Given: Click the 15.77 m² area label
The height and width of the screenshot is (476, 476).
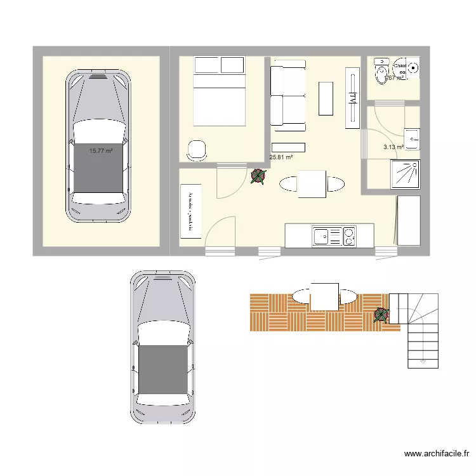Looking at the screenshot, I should tap(101, 151).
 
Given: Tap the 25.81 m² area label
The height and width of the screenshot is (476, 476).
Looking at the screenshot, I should tap(281, 157).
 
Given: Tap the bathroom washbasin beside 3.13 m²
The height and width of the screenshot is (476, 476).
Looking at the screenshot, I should tap(412, 137).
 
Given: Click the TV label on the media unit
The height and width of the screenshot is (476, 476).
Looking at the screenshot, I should tap(352, 98).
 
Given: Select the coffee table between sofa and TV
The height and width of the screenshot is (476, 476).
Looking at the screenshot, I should tap(326, 98).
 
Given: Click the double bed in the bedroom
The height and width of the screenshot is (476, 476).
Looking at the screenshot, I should tap(219, 98).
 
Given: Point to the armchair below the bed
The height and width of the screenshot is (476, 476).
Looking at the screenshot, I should tap(197, 149).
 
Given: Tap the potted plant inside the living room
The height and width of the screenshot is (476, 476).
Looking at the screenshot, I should tap(258, 176).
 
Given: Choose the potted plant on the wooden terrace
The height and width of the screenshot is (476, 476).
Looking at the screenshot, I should tap(381, 314).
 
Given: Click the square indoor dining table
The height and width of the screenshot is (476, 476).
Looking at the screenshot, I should tap(312, 183).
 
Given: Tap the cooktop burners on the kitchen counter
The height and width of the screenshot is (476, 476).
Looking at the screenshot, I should tap(350, 236).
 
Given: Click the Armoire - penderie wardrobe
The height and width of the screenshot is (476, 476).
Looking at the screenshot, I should tap(190, 211).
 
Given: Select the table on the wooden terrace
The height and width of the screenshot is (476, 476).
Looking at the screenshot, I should tap(324, 296).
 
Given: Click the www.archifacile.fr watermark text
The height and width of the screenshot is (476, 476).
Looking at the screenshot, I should tap(436, 454).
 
